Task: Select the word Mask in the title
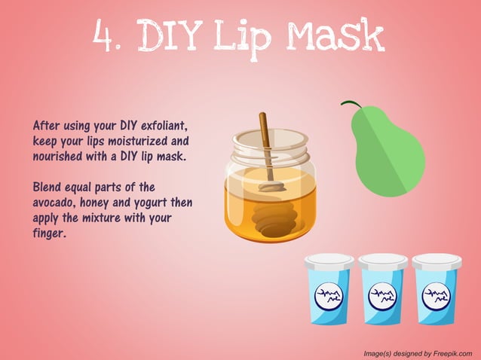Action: (x=340, y=34)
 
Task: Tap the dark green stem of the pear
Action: (x=351, y=104)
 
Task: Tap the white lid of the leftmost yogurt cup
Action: (x=329, y=261)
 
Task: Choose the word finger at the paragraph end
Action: (x=50, y=234)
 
